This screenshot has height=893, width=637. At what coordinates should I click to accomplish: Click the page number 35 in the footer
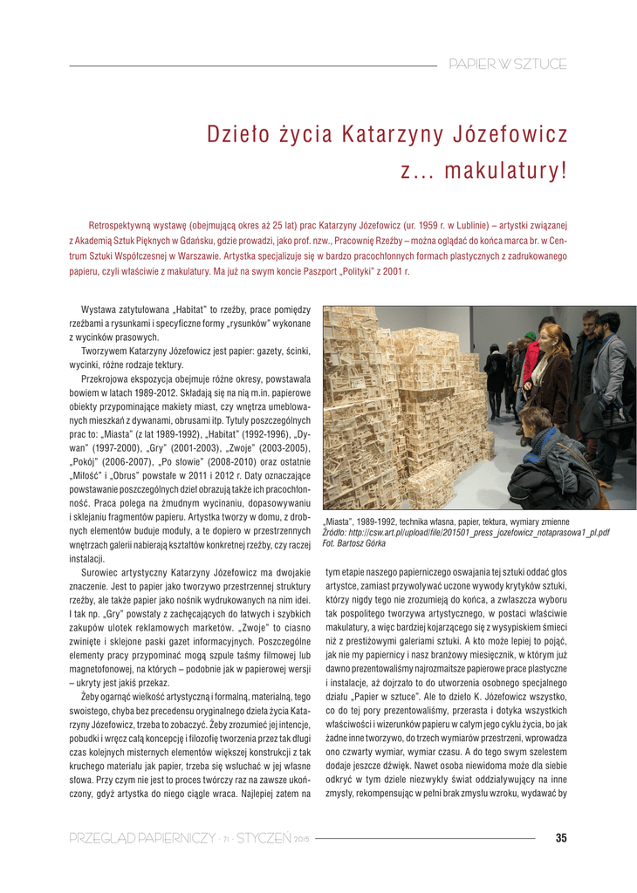click(560, 838)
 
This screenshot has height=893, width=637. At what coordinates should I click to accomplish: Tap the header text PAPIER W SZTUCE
click(507, 65)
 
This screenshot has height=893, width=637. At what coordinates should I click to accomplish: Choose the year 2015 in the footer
click(302, 840)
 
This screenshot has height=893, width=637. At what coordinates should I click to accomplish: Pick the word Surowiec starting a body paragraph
click(101, 572)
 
